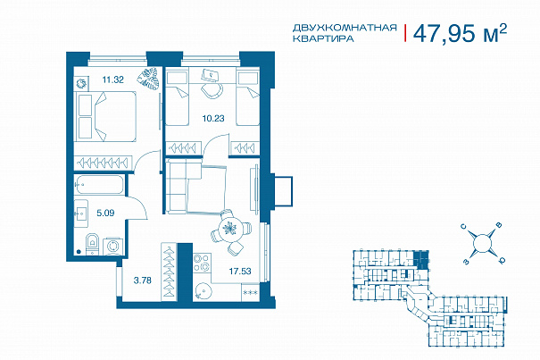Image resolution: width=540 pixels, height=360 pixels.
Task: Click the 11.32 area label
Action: pos(113,80)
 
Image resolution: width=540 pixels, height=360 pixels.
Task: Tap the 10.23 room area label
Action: pos(213,118)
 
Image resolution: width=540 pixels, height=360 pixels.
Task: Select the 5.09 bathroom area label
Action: pos(105,213)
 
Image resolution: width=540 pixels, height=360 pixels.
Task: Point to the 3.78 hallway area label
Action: pos(142,280)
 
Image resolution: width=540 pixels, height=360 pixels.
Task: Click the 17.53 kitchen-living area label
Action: pos(240,271)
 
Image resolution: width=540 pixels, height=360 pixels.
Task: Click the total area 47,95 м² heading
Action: pos(460,33)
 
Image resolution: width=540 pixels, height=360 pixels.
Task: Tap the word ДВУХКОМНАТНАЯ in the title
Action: pos(345,27)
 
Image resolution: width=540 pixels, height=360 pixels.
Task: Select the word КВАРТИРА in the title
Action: pos(323,38)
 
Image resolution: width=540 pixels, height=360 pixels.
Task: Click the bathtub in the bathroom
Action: pos(99,185)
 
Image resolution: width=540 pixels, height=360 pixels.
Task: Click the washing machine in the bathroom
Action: pos(112,246)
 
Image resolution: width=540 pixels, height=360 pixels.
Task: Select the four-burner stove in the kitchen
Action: pos(202,263)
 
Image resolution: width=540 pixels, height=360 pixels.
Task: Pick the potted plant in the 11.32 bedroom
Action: pos(148,79)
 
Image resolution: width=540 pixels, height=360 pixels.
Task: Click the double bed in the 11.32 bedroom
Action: pos(105,116)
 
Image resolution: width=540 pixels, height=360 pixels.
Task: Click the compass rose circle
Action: pos(482,242)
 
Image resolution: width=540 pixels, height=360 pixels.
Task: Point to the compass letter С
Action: pos(464,227)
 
